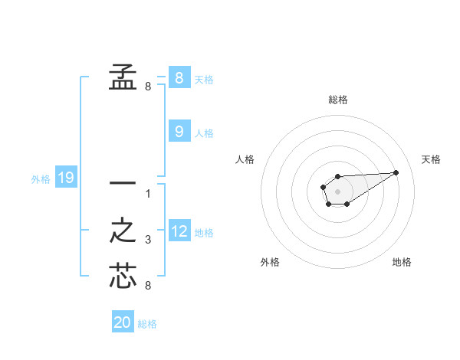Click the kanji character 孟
(122, 77)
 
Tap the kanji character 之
(122, 231)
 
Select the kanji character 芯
(122, 276)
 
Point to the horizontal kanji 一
(122, 184)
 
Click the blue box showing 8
(179, 77)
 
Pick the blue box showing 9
(179, 132)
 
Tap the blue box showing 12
(179, 231)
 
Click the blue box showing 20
(123, 322)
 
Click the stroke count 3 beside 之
(148, 241)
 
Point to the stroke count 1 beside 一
(148, 194)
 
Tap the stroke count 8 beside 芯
(148, 286)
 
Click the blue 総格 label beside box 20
(147, 324)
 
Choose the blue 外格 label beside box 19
(41, 179)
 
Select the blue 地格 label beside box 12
(204, 232)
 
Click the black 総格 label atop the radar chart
(337, 100)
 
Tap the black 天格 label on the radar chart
(431, 159)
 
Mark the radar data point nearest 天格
(396, 172)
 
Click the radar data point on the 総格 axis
(337, 177)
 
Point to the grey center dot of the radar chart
(337, 191)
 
